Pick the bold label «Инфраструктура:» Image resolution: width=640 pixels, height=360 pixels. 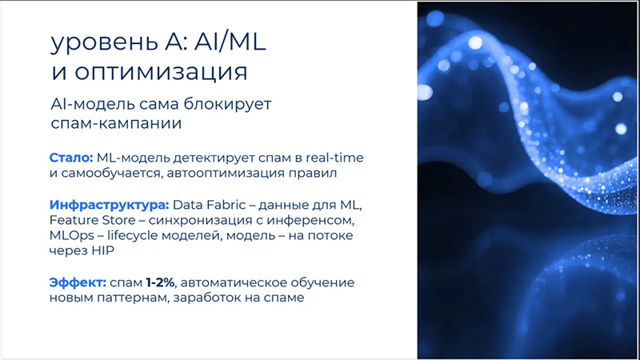[108, 205]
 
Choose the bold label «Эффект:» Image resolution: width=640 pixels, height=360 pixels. [77, 282]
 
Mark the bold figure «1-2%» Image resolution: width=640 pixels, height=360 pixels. [160, 282]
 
